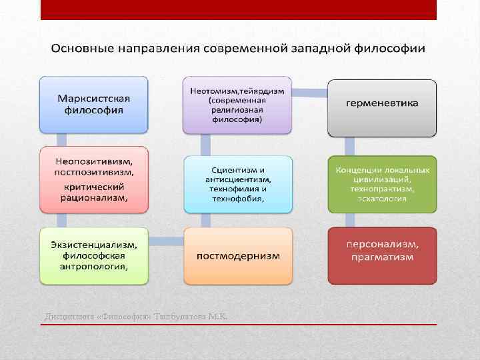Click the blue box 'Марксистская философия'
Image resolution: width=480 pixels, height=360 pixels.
click(93, 104)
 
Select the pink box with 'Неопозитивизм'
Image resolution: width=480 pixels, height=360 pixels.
click(93, 179)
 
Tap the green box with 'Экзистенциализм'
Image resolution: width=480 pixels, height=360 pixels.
click(93, 256)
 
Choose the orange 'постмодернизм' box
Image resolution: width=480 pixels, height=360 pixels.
click(238, 256)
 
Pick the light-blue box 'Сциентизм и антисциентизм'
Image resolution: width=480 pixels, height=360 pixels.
click(238, 184)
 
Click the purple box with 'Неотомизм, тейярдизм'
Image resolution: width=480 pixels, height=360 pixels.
click(238, 104)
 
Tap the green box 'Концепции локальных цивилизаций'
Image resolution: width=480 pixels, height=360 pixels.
click(382, 184)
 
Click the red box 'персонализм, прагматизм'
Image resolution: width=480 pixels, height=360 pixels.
click(382, 256)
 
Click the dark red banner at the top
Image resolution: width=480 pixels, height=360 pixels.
click(238, 9)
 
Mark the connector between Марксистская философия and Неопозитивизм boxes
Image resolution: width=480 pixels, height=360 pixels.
click(61, 139)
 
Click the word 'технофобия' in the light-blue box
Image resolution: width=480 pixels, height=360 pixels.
click(238, 199)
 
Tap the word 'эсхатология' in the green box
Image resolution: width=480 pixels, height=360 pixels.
click(382, 199)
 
